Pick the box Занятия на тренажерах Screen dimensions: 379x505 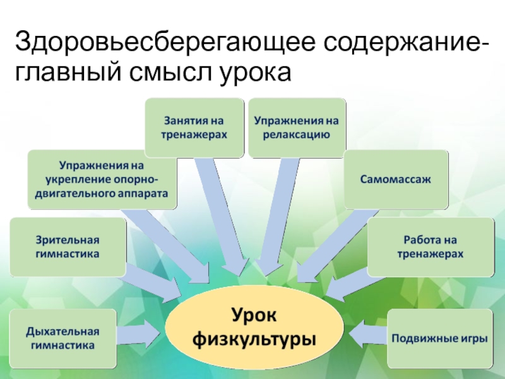(x=194, y=127)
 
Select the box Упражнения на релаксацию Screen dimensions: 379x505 (x=297, y=127)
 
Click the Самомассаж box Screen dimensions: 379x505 (x=396, y=179)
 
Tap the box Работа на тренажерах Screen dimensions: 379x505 (x=430, y=247)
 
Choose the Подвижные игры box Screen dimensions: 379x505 (x=439, y=338)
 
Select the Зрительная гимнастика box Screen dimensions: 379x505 (x=68, y=247)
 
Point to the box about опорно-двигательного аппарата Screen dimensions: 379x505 (x=102, y=179)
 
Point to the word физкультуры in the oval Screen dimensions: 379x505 (x=254, y=340)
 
